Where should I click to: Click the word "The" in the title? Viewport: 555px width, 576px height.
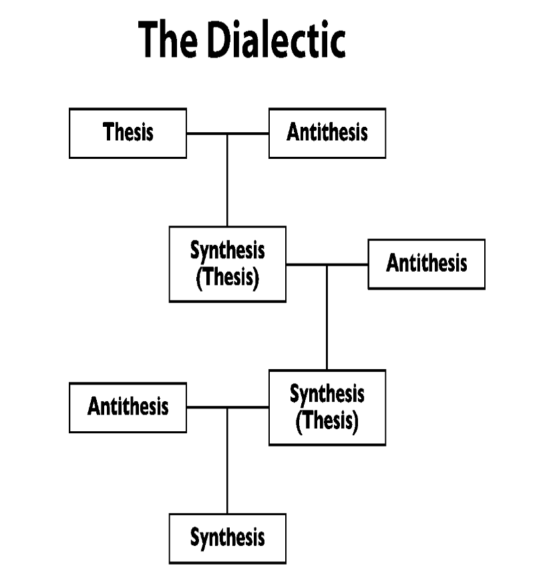coord(168,39)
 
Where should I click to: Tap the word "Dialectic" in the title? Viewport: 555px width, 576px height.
coord(276,39)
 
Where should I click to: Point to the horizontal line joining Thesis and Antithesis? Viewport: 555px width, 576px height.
coord(228,133)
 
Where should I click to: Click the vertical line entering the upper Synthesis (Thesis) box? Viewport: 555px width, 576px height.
coord(228,180)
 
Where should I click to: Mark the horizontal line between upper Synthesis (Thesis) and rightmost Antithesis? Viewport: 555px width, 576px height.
coord(327,264)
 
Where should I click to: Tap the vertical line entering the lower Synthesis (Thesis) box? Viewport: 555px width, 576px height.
coord(327,317)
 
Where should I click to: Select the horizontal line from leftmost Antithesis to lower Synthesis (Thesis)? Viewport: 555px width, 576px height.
coord(228,407)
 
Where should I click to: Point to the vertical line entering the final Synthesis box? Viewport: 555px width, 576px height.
coord(228,461)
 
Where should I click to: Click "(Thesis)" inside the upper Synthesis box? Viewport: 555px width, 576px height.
coord(228,278)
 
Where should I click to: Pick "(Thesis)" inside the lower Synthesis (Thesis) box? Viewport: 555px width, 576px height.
coord(327,421)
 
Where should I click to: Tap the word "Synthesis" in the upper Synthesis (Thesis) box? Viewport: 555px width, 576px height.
coord(228,251)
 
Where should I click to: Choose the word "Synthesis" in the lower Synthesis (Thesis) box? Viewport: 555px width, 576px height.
coord(327,394)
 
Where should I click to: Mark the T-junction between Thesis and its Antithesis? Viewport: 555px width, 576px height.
coord(228,133)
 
